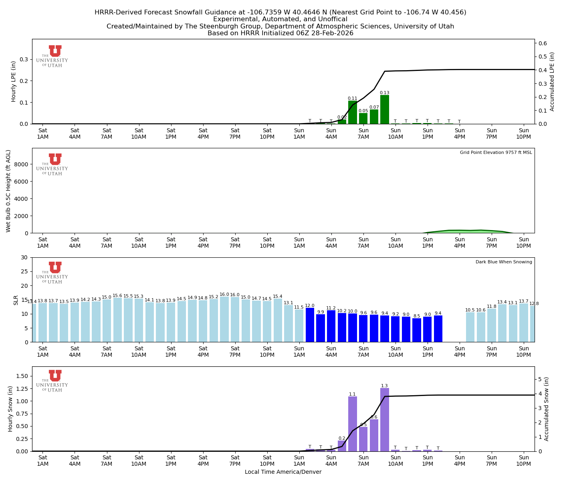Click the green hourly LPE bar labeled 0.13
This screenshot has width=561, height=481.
tap(384, 109)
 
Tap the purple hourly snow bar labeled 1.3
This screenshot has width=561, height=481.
tap(384, 419)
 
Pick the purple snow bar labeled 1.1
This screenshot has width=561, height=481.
tap(352, 424)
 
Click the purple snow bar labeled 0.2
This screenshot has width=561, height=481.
tap(342, 446)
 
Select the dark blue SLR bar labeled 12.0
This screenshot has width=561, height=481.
tap(310, 325)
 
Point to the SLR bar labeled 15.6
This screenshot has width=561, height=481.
tap(117, 320)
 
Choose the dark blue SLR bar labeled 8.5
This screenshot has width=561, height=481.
tap(417, 330)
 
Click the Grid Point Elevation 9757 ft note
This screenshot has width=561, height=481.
tap(496, 153)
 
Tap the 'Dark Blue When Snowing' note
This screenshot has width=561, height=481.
tap(504, 262)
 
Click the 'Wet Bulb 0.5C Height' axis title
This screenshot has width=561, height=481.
tap(8, 191)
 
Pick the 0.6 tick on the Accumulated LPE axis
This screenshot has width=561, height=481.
tap(543, 43)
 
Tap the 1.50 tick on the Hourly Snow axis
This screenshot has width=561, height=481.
tap(21, 376)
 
